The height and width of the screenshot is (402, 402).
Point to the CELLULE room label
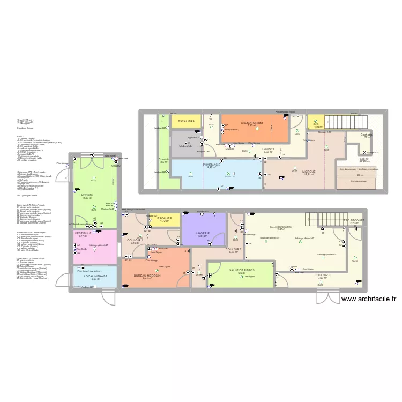pos(185,145)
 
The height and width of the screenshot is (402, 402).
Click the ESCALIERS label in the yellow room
pos(185,121)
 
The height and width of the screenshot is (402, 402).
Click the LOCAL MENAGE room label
pos(96,276)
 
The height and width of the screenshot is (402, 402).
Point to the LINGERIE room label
pos(203,233)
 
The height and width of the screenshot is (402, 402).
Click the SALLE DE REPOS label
pos(241,270)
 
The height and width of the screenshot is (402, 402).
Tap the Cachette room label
pos(367,134)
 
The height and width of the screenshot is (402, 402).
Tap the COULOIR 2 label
pos(233,249)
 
